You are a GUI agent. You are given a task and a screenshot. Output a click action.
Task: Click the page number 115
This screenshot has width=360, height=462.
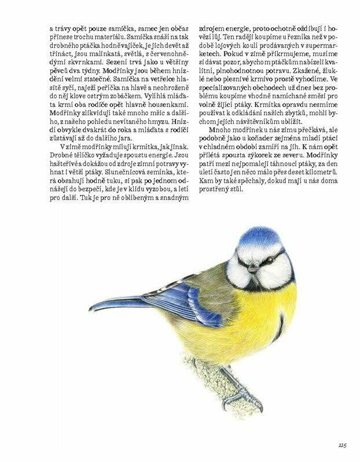pyautogui.click(x=341, y=445)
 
